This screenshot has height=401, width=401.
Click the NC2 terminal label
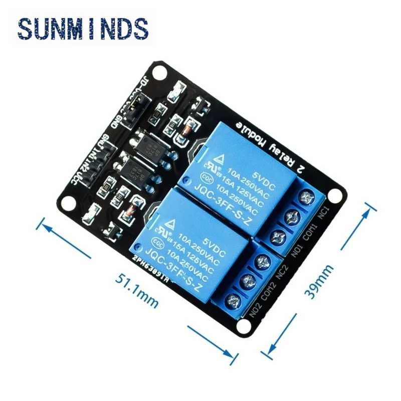282,271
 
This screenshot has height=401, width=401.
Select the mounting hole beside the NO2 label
244,326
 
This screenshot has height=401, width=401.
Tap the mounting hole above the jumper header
160,74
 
